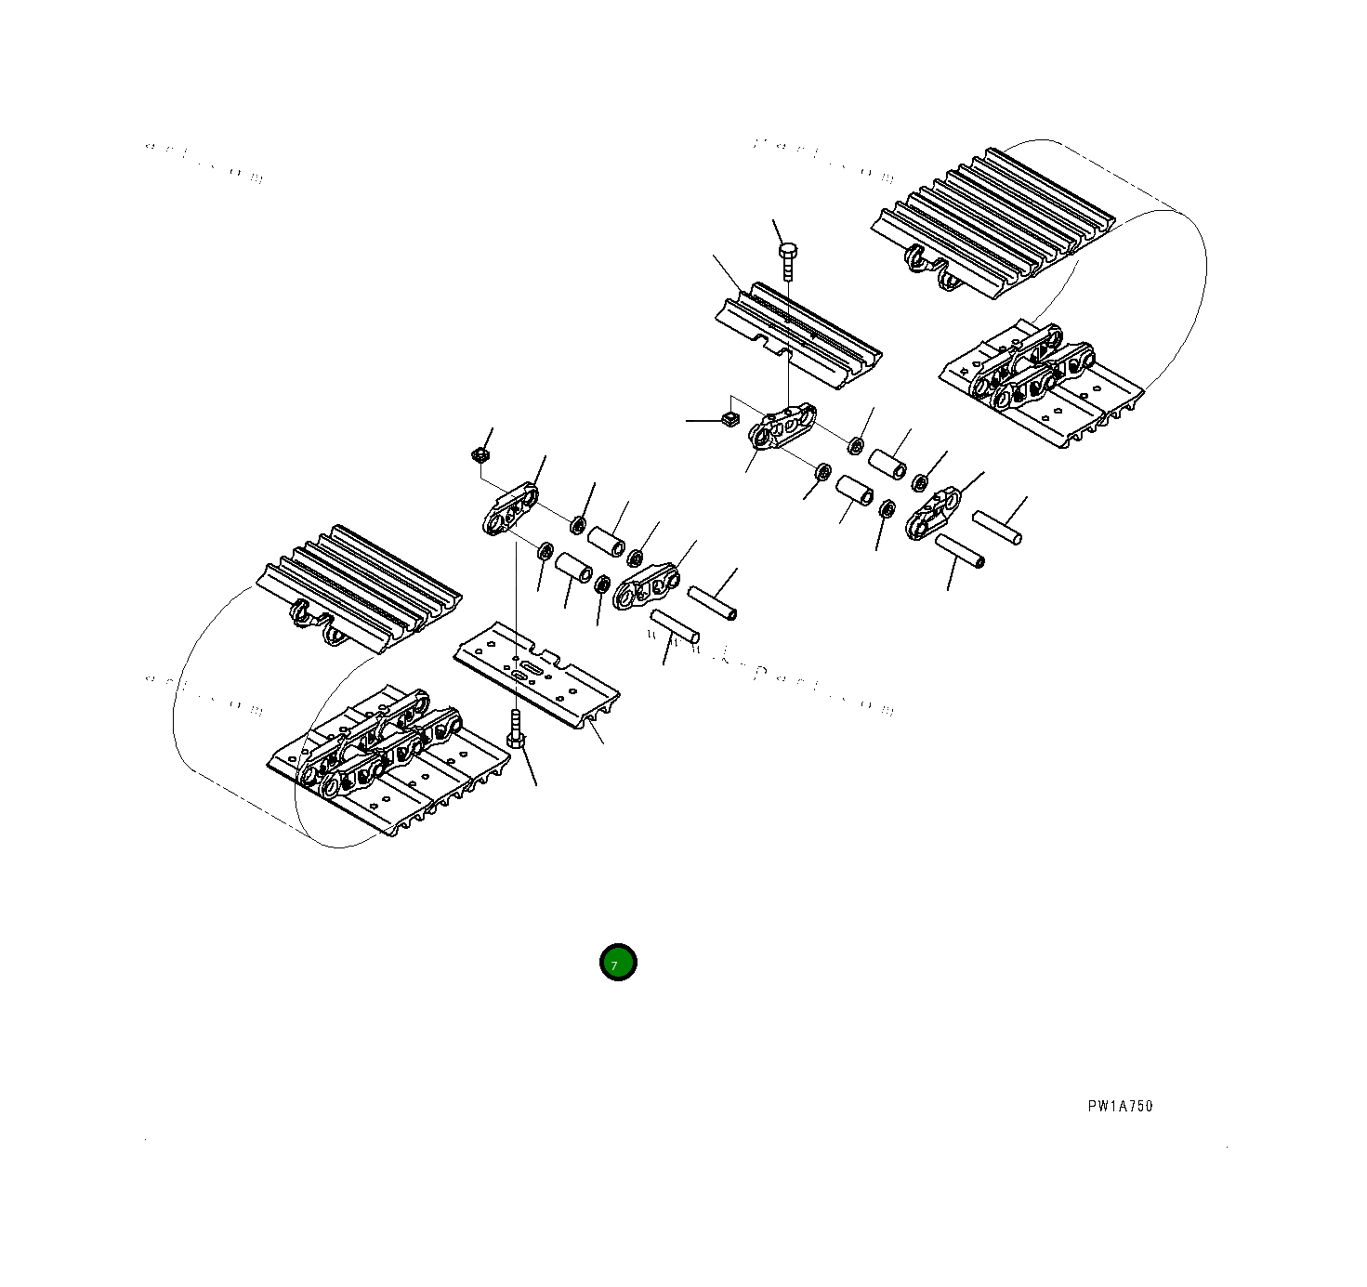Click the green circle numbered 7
coord(618,963)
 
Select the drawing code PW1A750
coord(1120,1106)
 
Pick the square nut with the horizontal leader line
coord(730,418)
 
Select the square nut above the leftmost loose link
coord(480,454)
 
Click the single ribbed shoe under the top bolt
coord(799,335)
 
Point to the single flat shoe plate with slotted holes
coord(536,674)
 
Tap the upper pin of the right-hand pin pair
coord(997,527)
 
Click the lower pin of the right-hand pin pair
coord(959,550)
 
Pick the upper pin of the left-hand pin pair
coord(712,602)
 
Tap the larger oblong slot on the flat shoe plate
coord(531,670)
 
